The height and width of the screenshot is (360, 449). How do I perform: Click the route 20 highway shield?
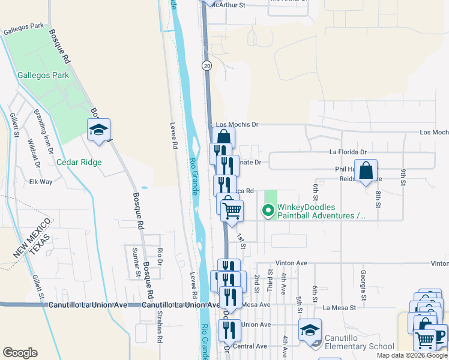(206, 65)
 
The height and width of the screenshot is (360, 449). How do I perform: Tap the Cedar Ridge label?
(79, 162)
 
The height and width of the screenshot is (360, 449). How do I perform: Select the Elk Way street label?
(41, 181)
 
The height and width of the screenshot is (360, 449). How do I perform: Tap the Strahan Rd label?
(160, 328)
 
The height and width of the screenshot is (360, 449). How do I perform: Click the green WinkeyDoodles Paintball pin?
(268, 211)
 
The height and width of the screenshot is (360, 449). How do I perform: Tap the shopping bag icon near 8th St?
(366, 171)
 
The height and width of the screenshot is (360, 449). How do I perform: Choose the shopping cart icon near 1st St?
(232, 211)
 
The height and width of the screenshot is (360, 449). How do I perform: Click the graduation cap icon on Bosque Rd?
(98, 130)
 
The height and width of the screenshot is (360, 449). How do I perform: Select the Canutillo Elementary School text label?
(360, 342)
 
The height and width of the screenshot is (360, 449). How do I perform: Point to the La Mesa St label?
(339, 308)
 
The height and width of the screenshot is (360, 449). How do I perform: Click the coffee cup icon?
(439, 335)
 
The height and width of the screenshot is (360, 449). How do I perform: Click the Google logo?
(20, 353)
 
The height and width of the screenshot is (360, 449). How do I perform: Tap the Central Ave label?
(249, 346)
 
